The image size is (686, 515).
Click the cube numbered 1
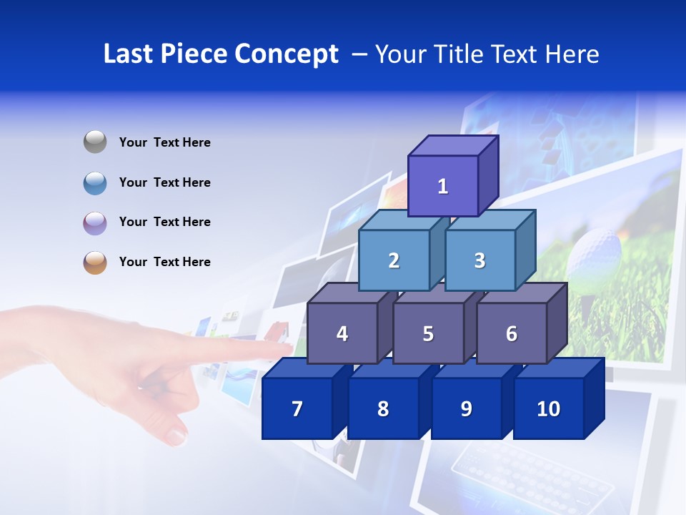(x=443, y=186)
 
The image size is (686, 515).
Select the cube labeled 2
(x=394, y=260)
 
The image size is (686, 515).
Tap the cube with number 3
(x=479, y=260)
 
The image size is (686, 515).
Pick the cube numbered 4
(x=342, y=333)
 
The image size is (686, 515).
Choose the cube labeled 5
(x=428, y=333)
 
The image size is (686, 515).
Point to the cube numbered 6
(x=512, y=333)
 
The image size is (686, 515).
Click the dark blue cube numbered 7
(x=297, y=408)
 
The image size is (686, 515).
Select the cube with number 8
(x=383, y=408)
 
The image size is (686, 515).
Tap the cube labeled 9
(x=466, y=408)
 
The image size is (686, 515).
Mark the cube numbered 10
(x=549, y=408)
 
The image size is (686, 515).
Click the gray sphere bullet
(x=95, y=142)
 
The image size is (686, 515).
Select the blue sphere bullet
(x=95, y=182)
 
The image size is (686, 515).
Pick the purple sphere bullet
(x=95, y=222)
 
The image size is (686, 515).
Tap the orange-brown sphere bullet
(x=95, y=263)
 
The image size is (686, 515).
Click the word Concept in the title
(x=286, y=54)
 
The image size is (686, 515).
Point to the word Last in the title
(x=129, y=54)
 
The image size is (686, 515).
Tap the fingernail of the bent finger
(x=176, y=434)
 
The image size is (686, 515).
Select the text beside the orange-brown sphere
(x=165, y=262)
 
